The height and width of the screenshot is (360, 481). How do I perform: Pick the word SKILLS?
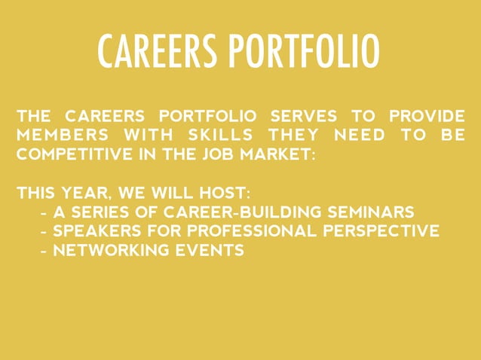222,136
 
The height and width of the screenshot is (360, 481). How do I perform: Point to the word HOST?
221,193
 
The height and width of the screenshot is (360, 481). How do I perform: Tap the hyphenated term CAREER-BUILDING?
244,212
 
